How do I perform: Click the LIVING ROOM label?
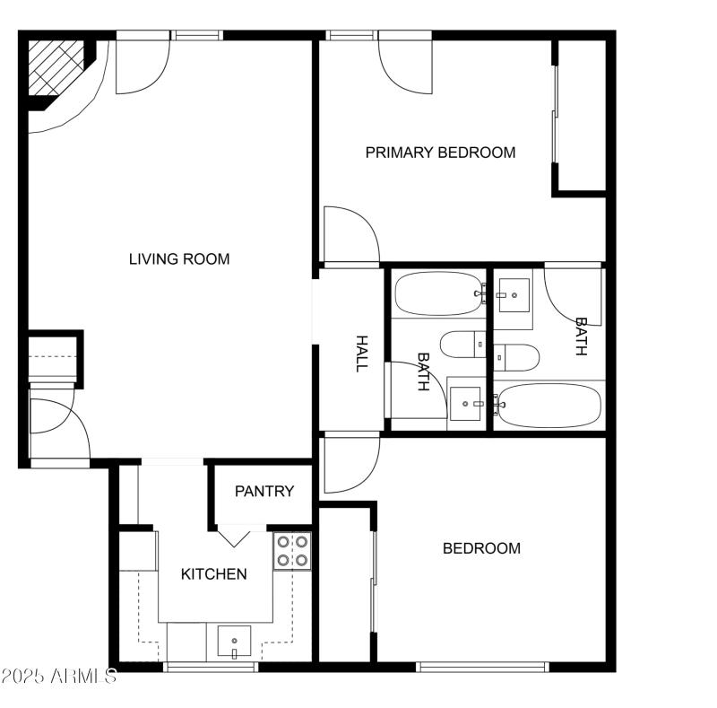pyautogui.click(x=179, y=259)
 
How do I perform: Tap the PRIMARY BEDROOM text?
pyautogui.click(x=440, y=153)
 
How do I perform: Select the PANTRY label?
pyautogui.click(x=264, y=492)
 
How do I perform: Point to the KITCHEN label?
pyautogui.click(x=214, y=574)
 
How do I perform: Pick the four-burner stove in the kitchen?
pyautogui.click(x=292, y=551)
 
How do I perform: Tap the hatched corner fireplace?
pyautogui.click(x=55, y=68)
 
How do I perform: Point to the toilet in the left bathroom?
pyautogui.click(x=462, y=346)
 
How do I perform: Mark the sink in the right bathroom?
pyautogui.click(x=514, y=295)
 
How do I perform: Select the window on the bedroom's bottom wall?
pyautogui.click(x=482, y=667)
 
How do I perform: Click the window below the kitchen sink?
pyautogui.click(x=211, y=667)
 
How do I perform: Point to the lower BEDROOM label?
pyautogui.click(x=481, y=548)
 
